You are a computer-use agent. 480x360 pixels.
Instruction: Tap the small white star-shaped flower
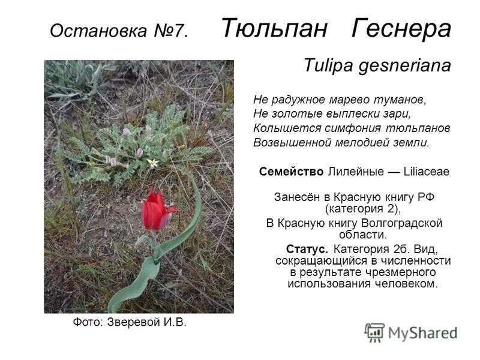click(152, 163)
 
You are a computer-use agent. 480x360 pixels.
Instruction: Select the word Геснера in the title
click(401, 28)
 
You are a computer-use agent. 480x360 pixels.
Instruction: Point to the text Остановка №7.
click(119, 31)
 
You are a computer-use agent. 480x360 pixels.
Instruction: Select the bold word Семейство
click(292, 172)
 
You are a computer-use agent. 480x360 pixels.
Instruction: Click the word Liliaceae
click(426, 172)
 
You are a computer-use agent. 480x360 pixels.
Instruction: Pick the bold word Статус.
click(307, 249)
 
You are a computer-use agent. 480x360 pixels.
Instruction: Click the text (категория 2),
click(362, 209)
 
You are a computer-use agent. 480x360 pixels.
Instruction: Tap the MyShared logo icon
click(374, 332)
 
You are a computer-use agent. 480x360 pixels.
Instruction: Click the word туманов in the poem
click(402, 99)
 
